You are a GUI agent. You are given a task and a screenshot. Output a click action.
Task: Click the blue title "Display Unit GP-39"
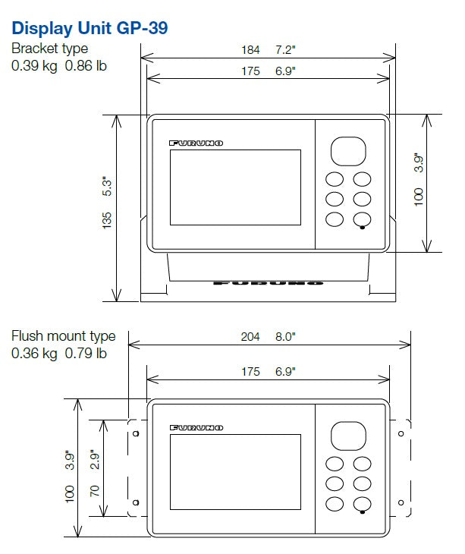pyautogui.click(x=90, y=28)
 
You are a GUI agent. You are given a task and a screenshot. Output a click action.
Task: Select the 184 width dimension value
pyautogui.click(x=250, y=50)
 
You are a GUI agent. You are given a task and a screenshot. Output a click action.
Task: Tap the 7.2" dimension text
pyautogui.click(x=285, y=49)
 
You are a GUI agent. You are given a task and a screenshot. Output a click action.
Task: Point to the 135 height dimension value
pyautogui.click(x=107, y=221)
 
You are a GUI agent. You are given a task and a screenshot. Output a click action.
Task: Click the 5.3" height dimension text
pyautogui.click(x=107, y=186)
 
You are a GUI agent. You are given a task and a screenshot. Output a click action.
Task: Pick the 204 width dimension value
pyautogui.click(x=250, y=337)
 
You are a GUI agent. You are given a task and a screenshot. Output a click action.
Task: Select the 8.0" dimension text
pyautogui.click(x=285, y=336)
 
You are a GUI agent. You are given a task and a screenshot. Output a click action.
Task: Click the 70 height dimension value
pyautogui.click(x=95, y=491)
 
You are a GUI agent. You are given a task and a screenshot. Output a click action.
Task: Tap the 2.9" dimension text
pyautogui.click(x=95, y=459)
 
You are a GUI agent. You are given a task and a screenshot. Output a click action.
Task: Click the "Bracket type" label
pyautogui.click(x=50, y=49)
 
